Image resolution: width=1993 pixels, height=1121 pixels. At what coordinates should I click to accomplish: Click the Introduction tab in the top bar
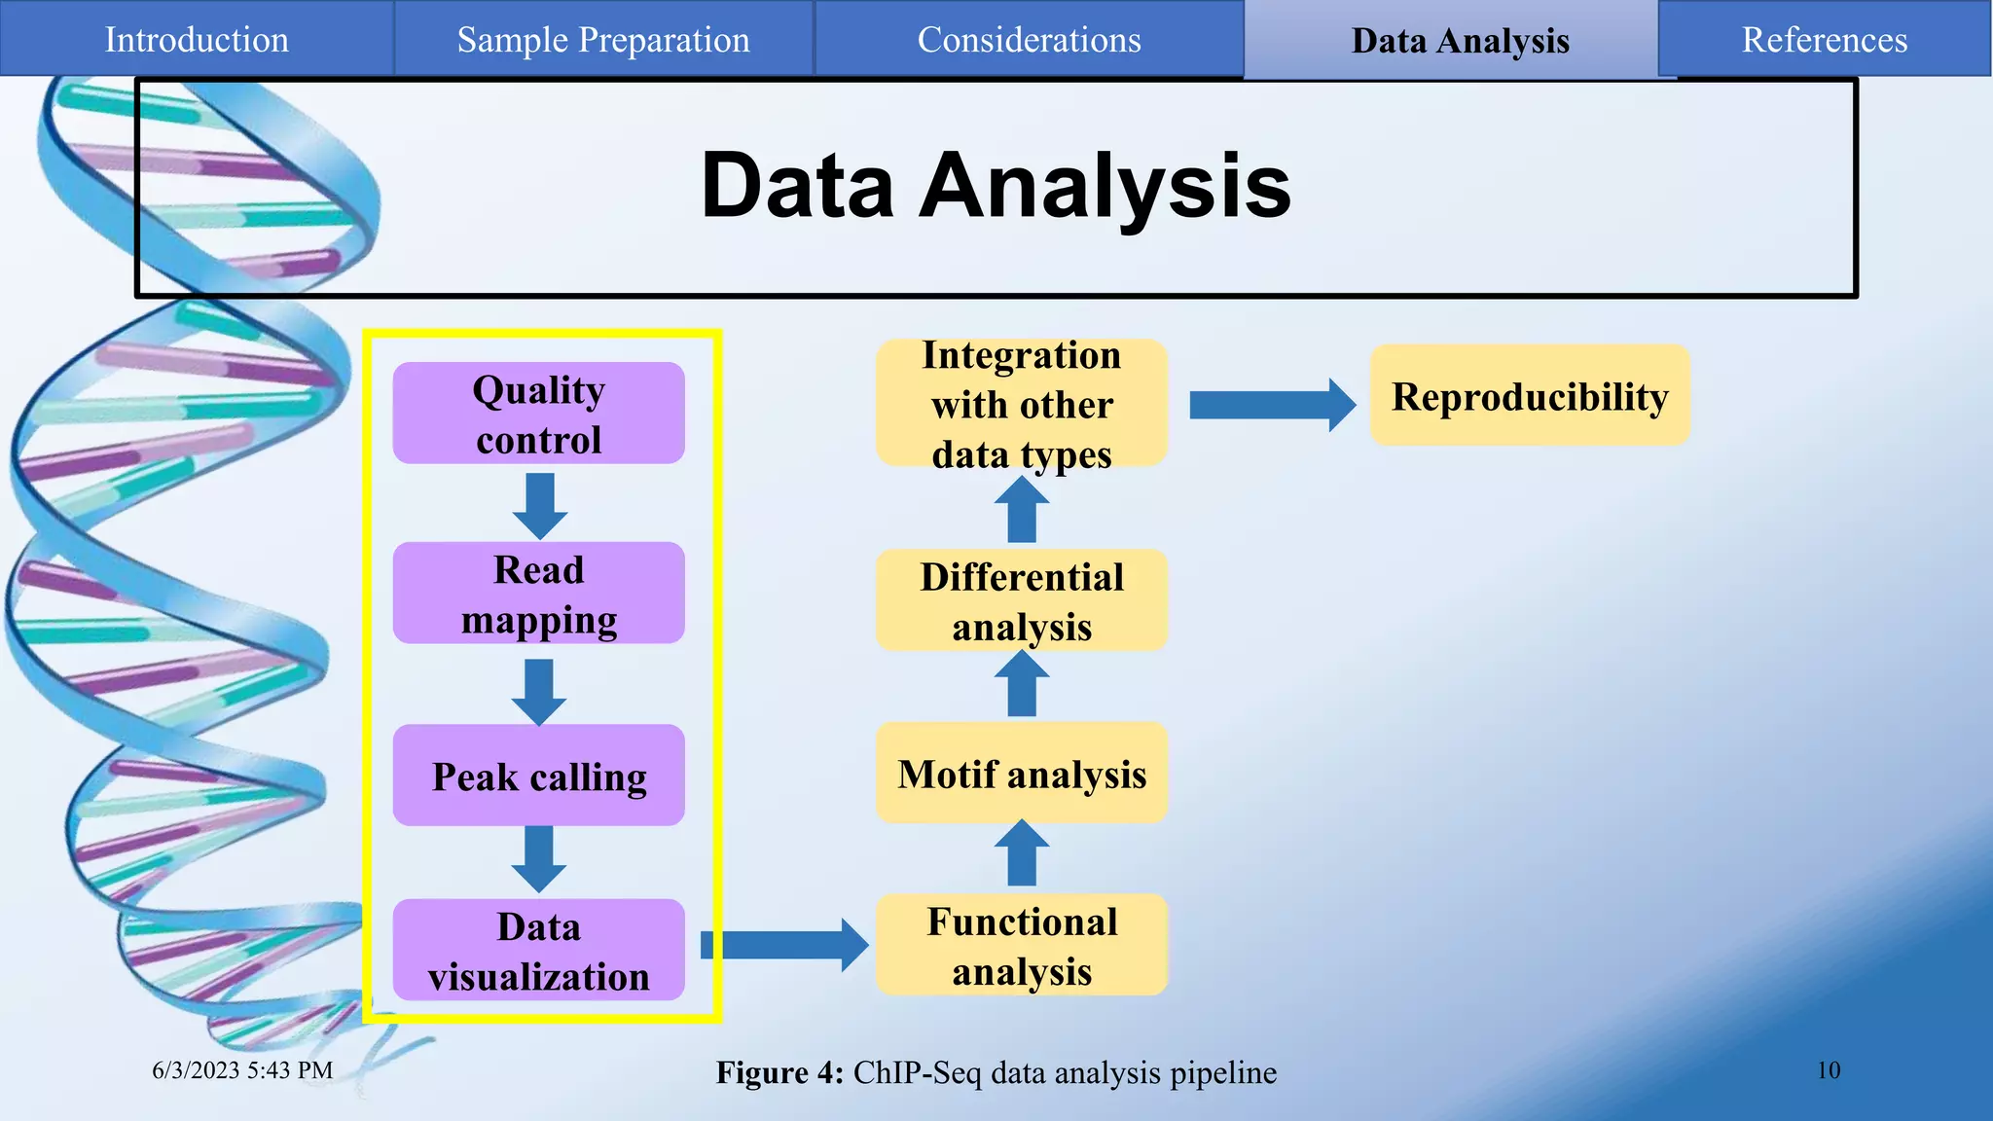point(197,39)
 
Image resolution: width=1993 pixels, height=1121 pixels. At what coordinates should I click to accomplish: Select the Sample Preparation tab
point(603,39)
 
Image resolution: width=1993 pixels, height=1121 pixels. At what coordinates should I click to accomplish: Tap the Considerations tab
point(1029,39)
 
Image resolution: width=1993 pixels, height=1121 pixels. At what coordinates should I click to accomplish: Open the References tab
point(1824,39)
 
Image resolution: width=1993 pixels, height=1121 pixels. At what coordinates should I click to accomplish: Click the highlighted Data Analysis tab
point(1460,41)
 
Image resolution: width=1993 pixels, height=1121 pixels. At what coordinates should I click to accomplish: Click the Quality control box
point(538,414)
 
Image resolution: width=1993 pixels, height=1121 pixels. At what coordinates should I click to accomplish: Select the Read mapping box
point(538,594)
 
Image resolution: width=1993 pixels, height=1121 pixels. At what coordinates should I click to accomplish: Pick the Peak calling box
point(538,776)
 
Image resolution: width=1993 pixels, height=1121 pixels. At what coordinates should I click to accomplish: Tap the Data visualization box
point(538,951)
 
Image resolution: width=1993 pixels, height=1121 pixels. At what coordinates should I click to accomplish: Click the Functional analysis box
point(1021,945)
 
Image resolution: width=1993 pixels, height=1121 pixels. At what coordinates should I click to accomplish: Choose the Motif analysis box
point(1021,774)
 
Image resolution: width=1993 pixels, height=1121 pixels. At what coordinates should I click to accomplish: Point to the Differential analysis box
point(1021,600)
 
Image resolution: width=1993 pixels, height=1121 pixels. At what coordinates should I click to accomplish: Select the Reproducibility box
point(1529,396)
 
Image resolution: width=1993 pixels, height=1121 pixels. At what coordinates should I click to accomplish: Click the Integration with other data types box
point(1021,404)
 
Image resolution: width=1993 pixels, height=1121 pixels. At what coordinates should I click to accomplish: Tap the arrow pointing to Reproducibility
point(1271,405)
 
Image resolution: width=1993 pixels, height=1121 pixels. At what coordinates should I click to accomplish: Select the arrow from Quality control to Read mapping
point(539,505)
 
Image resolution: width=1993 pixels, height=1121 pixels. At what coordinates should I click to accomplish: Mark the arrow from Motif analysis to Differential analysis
point(1021,684)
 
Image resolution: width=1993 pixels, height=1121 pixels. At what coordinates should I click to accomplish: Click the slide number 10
point(1828,1070)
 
